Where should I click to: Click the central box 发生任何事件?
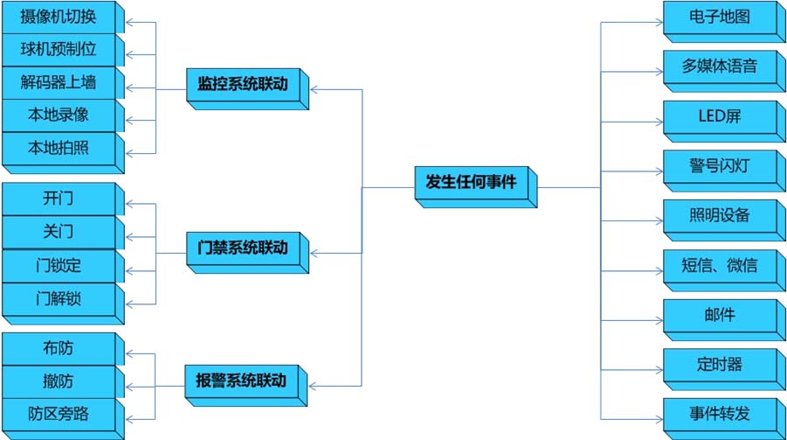(471, 183)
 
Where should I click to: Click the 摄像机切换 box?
(59, 17)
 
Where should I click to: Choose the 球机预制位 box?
(59, 50)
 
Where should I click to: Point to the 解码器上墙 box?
(59, 83)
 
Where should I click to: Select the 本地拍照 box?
(59, 148)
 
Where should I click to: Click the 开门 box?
(59, 199)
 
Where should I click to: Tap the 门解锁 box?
(59, 298)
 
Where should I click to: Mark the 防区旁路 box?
(59, 414)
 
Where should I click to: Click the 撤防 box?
(59, 381)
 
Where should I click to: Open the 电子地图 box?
(718, 17)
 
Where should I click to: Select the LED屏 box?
(718, 115)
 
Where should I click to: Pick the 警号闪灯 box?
(718, 164)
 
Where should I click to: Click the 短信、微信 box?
(718, 264)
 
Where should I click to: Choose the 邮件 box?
(718, 313)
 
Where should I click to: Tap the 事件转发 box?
(718, 413)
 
